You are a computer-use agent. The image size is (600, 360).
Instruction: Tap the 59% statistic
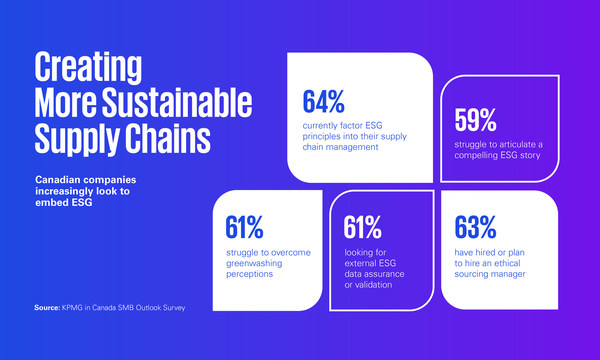click(476, 121)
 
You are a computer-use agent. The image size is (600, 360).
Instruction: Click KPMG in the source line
click(80, 307)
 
